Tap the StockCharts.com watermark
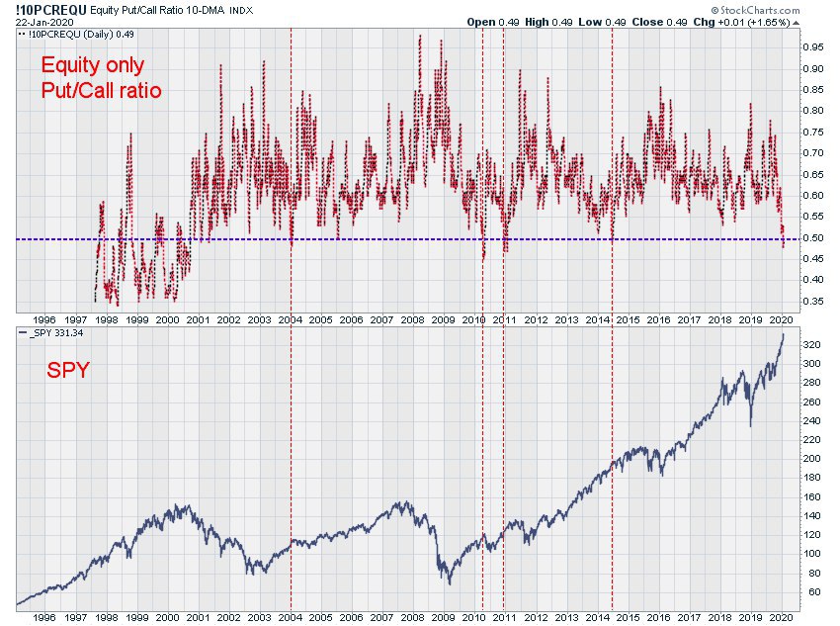(755, 10)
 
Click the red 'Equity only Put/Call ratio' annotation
(101, 77)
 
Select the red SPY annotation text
(68, 370)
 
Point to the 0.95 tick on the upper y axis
(813, 47)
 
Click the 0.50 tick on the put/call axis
(813, 238)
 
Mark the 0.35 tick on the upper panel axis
(813, 302)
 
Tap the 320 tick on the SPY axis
(811, 344)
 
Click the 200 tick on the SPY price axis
(811, 459)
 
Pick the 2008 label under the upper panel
(412, 320)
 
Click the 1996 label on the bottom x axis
(43, 617)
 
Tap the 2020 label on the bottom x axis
(781, 617)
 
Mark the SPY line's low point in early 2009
(450, 583)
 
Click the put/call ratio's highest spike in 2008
(420, 36)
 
